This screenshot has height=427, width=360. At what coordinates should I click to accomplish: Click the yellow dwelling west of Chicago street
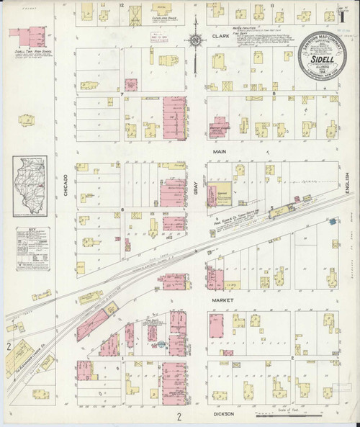click(26, 119)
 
